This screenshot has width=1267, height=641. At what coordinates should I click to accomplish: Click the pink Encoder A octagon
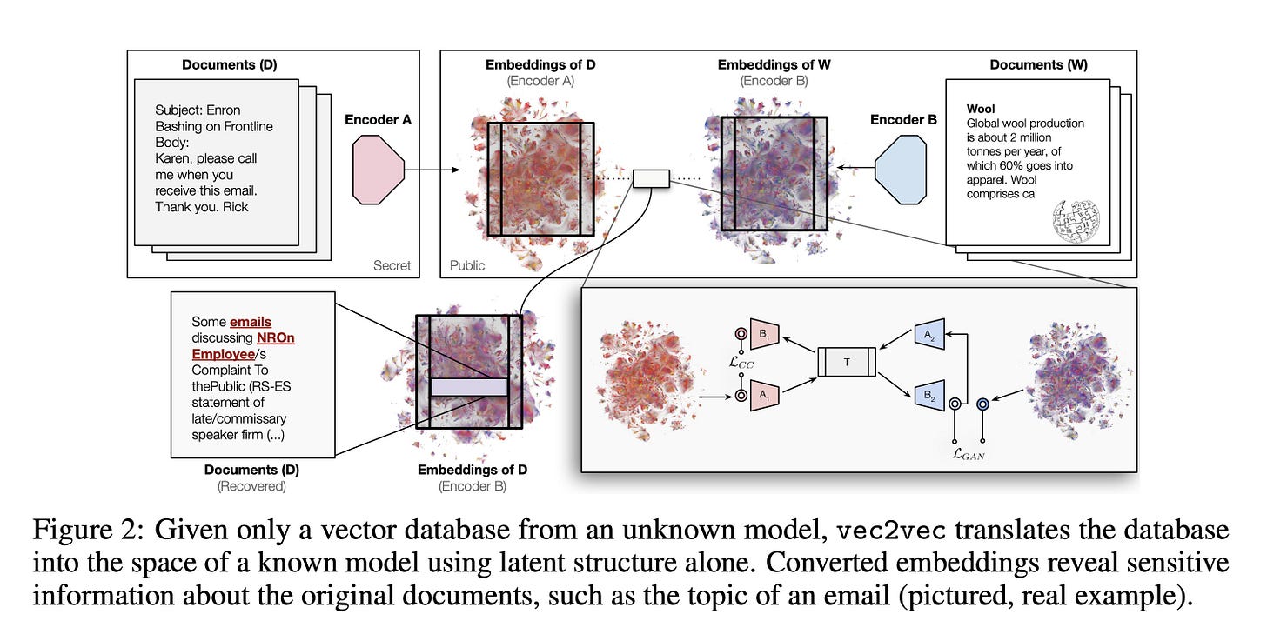tap(379, 170)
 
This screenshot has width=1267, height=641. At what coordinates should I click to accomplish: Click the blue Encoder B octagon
tap(906, 170)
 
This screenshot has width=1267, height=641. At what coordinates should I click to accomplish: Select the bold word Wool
tap(981, 110)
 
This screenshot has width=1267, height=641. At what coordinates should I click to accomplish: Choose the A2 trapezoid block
tap(928, 335)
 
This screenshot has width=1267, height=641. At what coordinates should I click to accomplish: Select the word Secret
tap(392, 265)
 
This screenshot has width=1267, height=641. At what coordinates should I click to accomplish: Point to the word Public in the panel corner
tap(467, 265)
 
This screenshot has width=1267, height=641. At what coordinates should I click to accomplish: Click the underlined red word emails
tap(251, 322)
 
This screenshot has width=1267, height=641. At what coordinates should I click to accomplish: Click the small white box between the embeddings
tap(650, 179)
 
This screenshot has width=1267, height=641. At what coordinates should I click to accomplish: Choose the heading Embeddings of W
tap(774, 65)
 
